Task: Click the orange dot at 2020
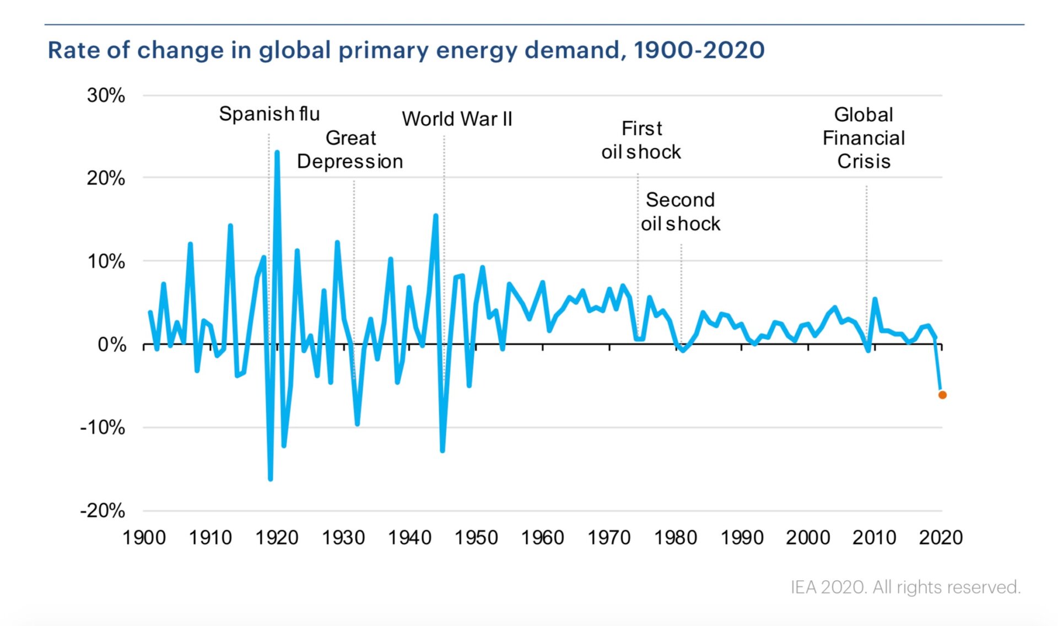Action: tap(942, 395)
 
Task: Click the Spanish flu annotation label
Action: tap(269, 114)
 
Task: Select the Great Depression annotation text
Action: tap(350, 149)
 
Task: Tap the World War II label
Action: tap(457, 119)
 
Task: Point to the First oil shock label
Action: tap(641, 140)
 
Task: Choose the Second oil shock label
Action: tap(681, 212)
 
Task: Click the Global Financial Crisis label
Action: tap(863, 138)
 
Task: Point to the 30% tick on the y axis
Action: tap(106, 95)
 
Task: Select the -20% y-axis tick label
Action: tap(102, 511)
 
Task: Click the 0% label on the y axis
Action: tap(112, 345)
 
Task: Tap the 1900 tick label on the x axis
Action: tap(144, 537)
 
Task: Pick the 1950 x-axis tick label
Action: tap(476, 537)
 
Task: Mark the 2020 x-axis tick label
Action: tap(941, 537)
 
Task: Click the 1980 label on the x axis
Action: tap(676, 537)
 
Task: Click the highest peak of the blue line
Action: tap(277, 152)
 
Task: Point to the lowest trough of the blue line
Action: tap(271, 479)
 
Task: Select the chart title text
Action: tap(406, 50)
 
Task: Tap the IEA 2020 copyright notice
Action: tap(905, 587)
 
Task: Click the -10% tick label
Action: tap(102, 427)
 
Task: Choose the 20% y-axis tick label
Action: tap(106, 178)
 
